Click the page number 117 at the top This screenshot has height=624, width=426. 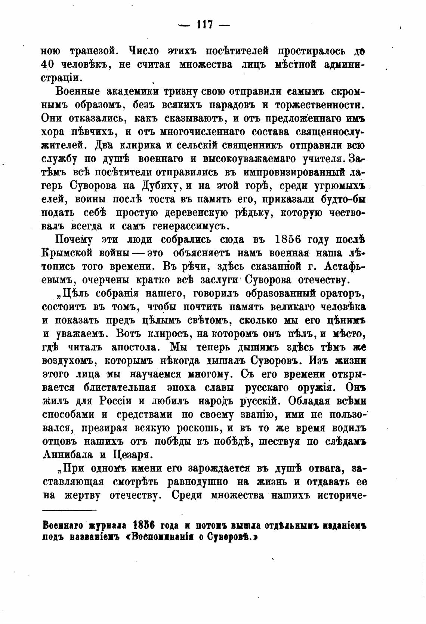(203, 25)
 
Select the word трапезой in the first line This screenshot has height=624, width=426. (87, 51)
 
